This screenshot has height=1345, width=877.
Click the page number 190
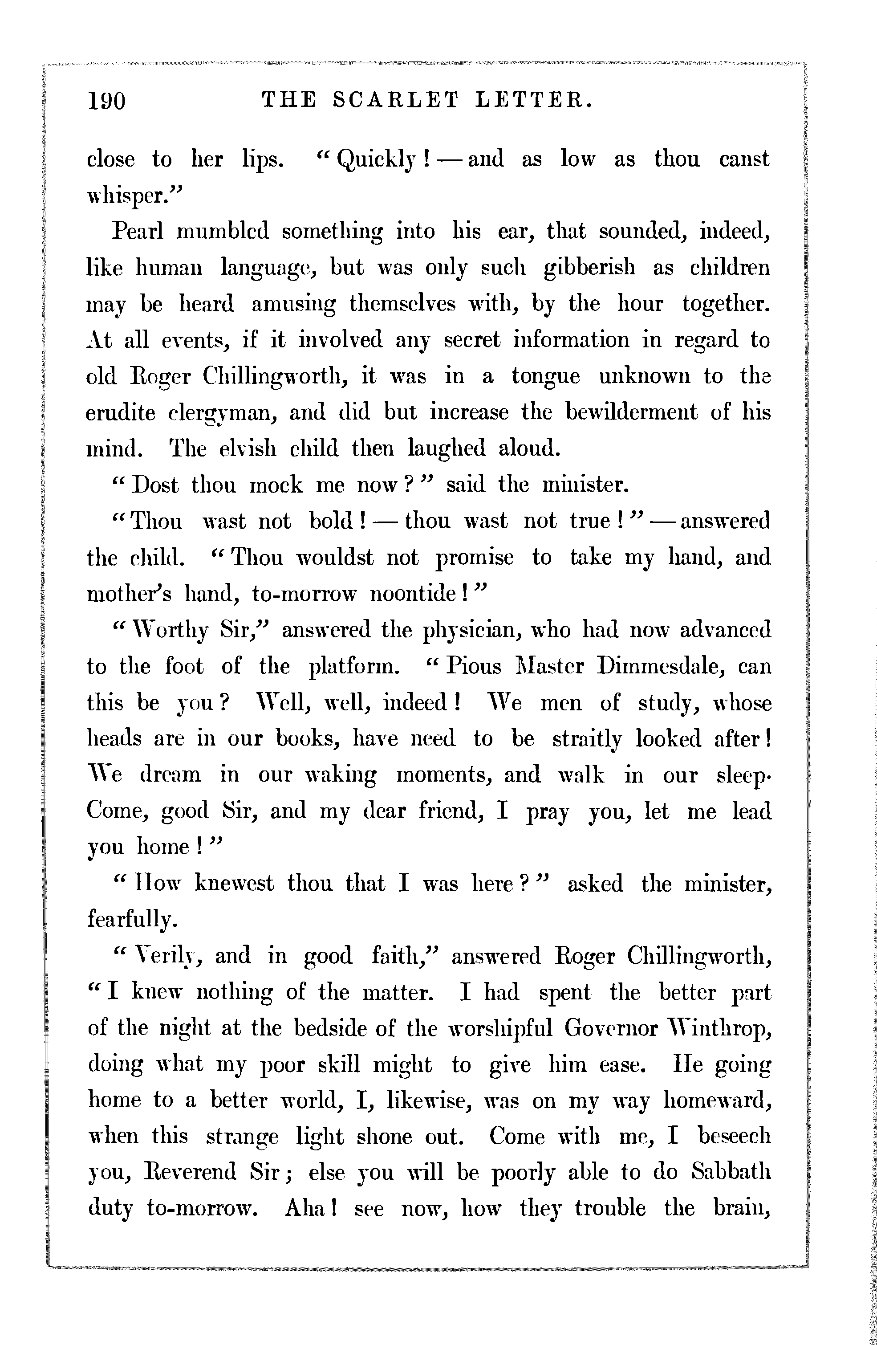pyautogui.click(x=107, y=101)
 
